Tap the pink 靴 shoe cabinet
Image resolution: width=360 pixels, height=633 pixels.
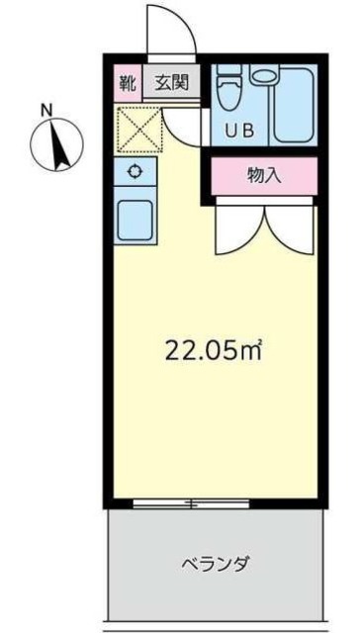click(x=127, y=82)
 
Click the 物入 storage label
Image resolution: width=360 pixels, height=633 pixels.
click(x=262, y=176)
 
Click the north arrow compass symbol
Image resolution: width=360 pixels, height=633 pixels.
click(x=56, y=144)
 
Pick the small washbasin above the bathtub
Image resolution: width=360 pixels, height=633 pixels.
click(x=263, y=75)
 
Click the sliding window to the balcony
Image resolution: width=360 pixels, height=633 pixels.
click(x=191, y=503)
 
